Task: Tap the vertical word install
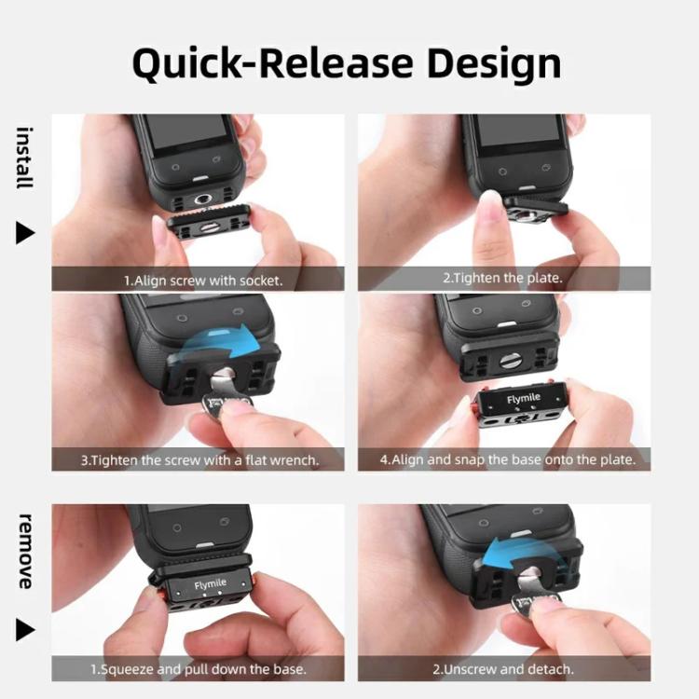tap(25, 158)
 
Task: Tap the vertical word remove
tap(25, 551)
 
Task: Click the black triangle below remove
tap(25, 630)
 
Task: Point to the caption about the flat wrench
tap(199, 459)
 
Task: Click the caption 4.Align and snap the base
tap(508, 459)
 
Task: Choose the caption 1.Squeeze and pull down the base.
tap(198, 669)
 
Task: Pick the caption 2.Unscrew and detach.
tap(503, 669)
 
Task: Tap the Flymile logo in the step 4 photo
tap(523, 399)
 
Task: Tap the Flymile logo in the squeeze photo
tap(211, 585)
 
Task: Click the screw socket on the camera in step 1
tap(201, 199)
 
